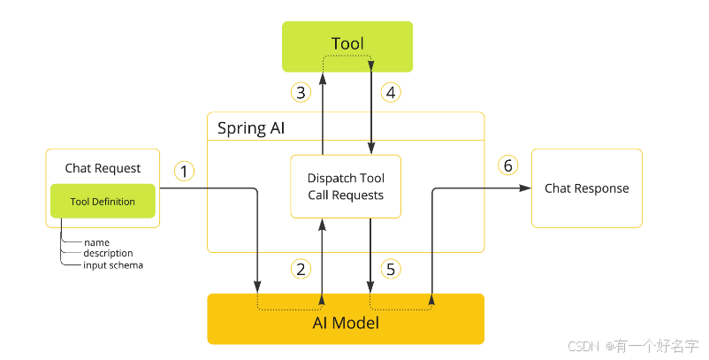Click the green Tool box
click(x=347, y=45)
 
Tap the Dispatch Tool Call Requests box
click(x=346, y=187)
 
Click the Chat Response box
click(x=586, y=188)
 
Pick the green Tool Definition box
click(x=103, y=202)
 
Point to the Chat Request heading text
click(x=103, y=168)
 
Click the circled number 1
click(x=184, y=171)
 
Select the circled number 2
click(x=301, y=269)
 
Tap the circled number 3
click(x=301, y=91)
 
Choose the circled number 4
click(x=391, y=91)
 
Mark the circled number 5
click(x=391, y=269)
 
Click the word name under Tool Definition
click(x=96, y=242)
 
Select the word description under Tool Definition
click(x=108, y=253)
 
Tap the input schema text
click(x=113, y=264)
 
